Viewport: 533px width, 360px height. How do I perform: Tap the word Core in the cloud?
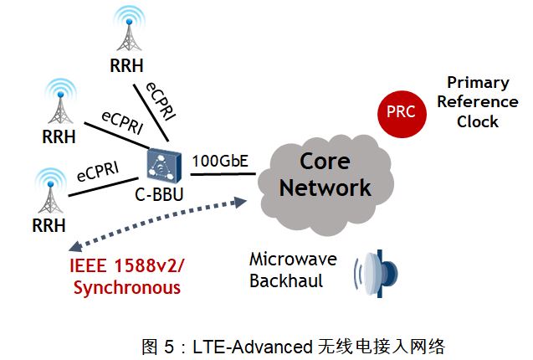click(x=325, y=160)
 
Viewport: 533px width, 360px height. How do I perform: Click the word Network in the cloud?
click(x=325, y=187)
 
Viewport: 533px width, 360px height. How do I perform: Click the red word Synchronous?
click(x=126, y=288)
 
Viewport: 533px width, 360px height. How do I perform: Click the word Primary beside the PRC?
click(x=478, y=83)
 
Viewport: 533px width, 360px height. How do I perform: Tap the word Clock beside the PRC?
click(x=478, y=121)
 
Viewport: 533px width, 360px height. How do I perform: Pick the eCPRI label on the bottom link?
click(x=97, y=172)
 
